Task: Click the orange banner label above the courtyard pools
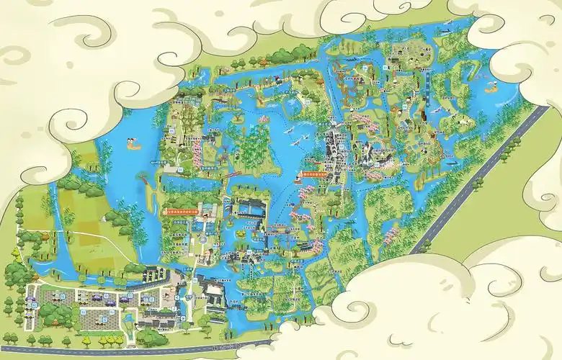pyautogui.click(x=184, y=212)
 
